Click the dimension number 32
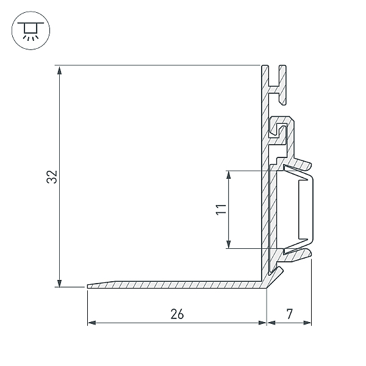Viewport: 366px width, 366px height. tap(52, 177)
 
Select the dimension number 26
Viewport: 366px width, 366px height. tap(177, 314)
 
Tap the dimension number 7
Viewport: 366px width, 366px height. tap(289, 314)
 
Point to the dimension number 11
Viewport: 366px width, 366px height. tap(221, 209)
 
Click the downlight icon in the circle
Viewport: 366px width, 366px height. tap(30, 30)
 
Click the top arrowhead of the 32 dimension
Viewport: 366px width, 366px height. tap(60, 70)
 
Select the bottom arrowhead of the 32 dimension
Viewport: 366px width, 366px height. tap(60, 283)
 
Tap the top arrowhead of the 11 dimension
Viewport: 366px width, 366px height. tap(229, 175)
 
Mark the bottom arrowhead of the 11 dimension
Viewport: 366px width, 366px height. tap(229, 244)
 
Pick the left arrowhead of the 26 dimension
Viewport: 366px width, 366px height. tap(91, 323)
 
